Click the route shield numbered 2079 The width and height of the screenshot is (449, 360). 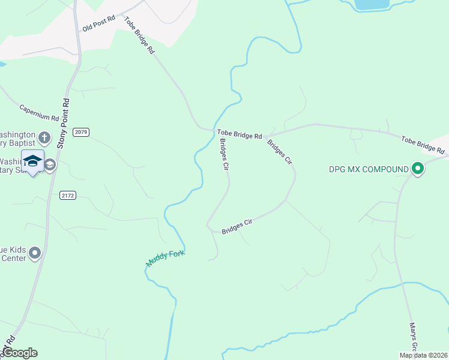pos(81,131)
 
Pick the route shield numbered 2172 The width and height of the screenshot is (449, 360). pos(68,195)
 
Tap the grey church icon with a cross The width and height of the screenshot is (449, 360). pos(44,139)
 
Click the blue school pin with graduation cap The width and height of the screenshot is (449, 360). pos(32,161)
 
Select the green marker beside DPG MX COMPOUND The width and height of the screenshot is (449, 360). pos(418,169)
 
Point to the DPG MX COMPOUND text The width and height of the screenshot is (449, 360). pos(367,170)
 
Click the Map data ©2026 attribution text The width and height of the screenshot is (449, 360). pos(423,355)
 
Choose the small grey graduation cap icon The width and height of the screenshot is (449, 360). pos(50,164)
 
